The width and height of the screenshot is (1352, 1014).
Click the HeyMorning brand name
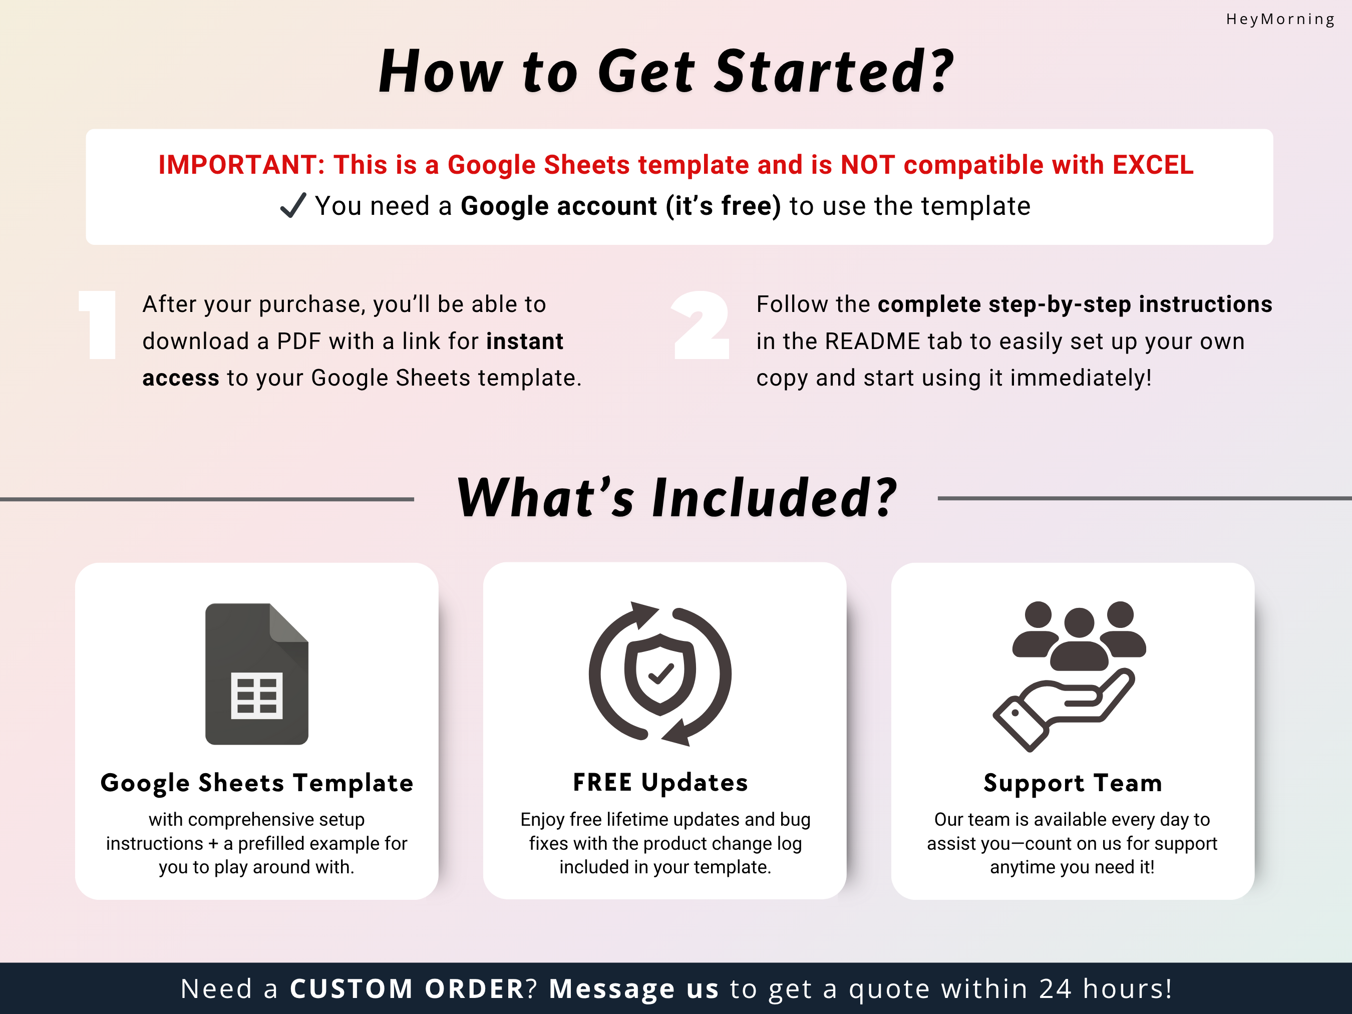[x=1280, y=20]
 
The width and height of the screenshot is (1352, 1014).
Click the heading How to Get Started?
[x=666, y=72]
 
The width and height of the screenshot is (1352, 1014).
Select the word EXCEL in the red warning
[x=1153, y=165]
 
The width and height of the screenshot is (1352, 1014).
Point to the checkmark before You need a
[x=293, y=205]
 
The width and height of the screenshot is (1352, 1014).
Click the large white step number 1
[x=99, y=324]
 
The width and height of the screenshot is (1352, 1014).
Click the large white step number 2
[x=701, y=324]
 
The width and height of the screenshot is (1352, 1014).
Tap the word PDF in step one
[x=299, y=341]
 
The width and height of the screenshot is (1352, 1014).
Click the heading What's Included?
[x=677, y=498]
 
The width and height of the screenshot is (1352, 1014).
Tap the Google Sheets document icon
[x=257, y=673]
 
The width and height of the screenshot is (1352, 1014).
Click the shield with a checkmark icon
[x=660, y=674]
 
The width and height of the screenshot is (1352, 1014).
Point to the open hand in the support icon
[x=1064, y=710]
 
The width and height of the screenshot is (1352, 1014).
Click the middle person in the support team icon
[x=1080, y=639]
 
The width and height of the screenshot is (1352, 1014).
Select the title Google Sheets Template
[x=257, y=783]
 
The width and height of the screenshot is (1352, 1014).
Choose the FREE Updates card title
[x=660, y=782]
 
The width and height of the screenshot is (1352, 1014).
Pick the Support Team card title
[x=1073, y=783]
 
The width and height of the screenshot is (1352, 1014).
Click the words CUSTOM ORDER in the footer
[x=407, y=988]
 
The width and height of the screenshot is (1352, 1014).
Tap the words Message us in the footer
[x=634, y=988]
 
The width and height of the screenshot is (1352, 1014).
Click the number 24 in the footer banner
[x=1056, y=988]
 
